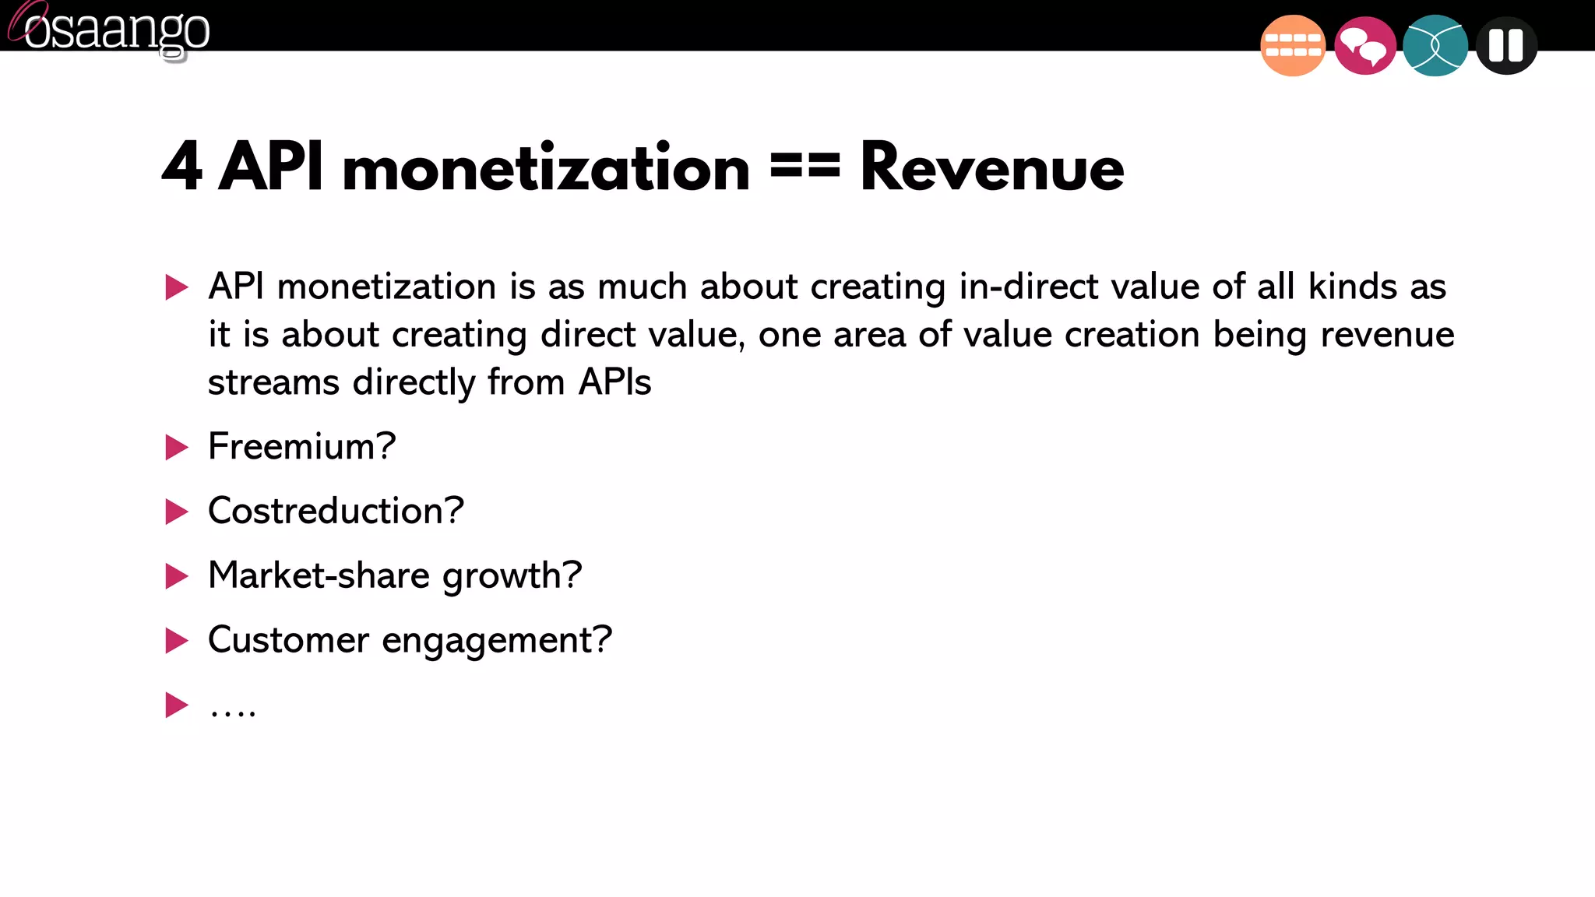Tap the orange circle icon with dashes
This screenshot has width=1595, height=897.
[x=1292, y=46]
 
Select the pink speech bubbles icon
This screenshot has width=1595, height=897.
[x=1364, y=46]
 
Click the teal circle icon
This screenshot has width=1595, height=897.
[x=1435, y=46]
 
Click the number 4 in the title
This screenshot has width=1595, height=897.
[x=182, y=167]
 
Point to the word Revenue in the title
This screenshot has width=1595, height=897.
[x=991, y=168]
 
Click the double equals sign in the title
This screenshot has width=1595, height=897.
[x=805, y=165]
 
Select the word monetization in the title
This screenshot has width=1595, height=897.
[x=546, y=168]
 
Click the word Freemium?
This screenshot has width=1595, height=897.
[x=302, y=446]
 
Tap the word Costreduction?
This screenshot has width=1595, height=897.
[x=336, y=511]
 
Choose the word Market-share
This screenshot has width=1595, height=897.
[x=319, y=575]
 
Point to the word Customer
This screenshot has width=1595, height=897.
[x=288, y=640]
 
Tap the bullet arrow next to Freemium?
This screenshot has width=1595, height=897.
[x=177, y=448]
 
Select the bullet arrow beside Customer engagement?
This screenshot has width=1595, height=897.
[x=177, y=641]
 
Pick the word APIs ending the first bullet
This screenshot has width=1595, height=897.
[x=614, y=382]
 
